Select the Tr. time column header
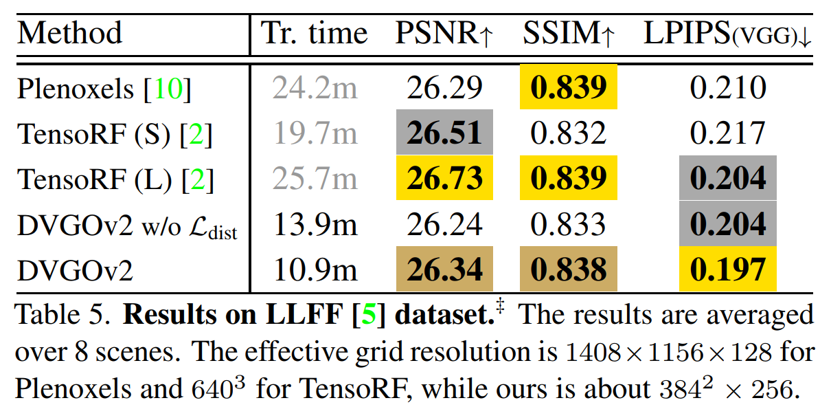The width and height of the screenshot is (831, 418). pyautogui.click(x=315, y=33)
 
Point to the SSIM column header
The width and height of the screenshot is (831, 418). pyautogui.click(x=568, y=33)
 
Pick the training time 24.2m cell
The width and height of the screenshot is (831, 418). pyautogui.click(x=315, y=88)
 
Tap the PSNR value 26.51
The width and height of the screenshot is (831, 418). pyautogui.click(x=445, y=133)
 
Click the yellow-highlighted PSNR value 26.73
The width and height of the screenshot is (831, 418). pyautogui.click(x=445, y=178)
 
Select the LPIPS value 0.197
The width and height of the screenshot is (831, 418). pyautogui.click(x=727, y=269)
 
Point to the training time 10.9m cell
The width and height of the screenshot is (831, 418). pyautogui.click(x=315, y=269)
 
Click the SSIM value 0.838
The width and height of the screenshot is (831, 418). pyautogui.click(x=569, y=269)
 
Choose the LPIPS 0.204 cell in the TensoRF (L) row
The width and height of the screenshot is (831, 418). pyautogui.click(x=727, y=178)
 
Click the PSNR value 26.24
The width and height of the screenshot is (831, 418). pyautogui.click(x=445, y=223)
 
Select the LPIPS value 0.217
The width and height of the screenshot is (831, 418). pyautogui.click(x=727, y=133)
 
